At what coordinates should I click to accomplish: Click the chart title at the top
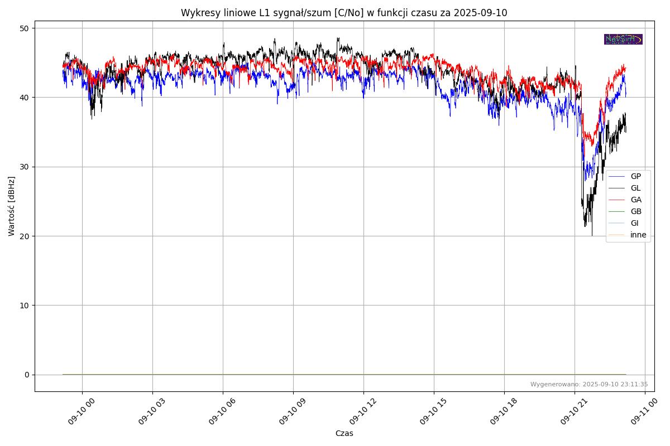[x=344, y=13]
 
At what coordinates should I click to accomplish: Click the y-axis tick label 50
[x=24, y=28]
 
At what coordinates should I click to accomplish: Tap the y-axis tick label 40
[x=24, y=98]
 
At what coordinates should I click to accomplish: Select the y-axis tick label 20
[x=24, y=236]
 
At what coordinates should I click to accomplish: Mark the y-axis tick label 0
[x=26, y=375]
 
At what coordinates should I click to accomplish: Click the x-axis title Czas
[x=344, y=433]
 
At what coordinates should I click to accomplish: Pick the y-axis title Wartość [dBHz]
[x=12, y=206]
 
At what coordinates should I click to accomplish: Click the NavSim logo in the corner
[x=623, y=39]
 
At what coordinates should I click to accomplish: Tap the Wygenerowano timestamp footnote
[x=589, y=384]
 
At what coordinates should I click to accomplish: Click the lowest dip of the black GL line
[x=592, y=235]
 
